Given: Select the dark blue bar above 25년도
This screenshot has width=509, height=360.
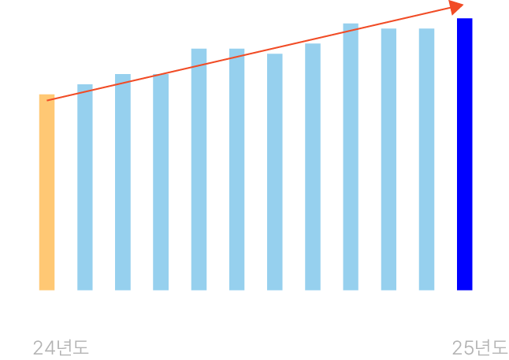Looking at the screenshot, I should pos(465,154).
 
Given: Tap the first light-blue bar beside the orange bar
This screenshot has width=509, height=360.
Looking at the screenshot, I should pos(85,187).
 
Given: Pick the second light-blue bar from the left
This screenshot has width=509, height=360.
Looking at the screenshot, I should pos(123,182).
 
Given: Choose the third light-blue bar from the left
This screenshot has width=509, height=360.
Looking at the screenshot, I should pos(161,182).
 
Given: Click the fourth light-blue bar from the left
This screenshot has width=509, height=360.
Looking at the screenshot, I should pos(199,169).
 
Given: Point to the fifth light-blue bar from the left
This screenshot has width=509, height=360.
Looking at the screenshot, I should pos(237,169).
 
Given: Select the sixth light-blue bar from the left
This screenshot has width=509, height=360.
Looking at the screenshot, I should pos(275,172).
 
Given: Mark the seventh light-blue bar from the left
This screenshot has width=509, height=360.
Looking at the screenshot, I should pos(313,166).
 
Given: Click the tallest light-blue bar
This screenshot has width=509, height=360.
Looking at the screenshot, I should pos(351,156).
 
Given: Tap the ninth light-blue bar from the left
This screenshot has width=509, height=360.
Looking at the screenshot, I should pos(388,159).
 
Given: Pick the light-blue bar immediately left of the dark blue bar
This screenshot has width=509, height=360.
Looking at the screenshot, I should pos(426,159).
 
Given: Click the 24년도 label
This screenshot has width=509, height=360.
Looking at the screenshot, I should pos(61,347).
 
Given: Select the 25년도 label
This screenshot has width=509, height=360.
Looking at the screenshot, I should pos(480,347).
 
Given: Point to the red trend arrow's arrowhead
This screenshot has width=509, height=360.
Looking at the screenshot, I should pos(456,8).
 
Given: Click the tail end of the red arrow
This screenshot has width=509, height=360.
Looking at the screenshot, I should pos(49,100).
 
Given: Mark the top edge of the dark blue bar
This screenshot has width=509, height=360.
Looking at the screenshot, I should pos(465,19).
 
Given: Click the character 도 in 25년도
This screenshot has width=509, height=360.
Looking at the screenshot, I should pos(500,347).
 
